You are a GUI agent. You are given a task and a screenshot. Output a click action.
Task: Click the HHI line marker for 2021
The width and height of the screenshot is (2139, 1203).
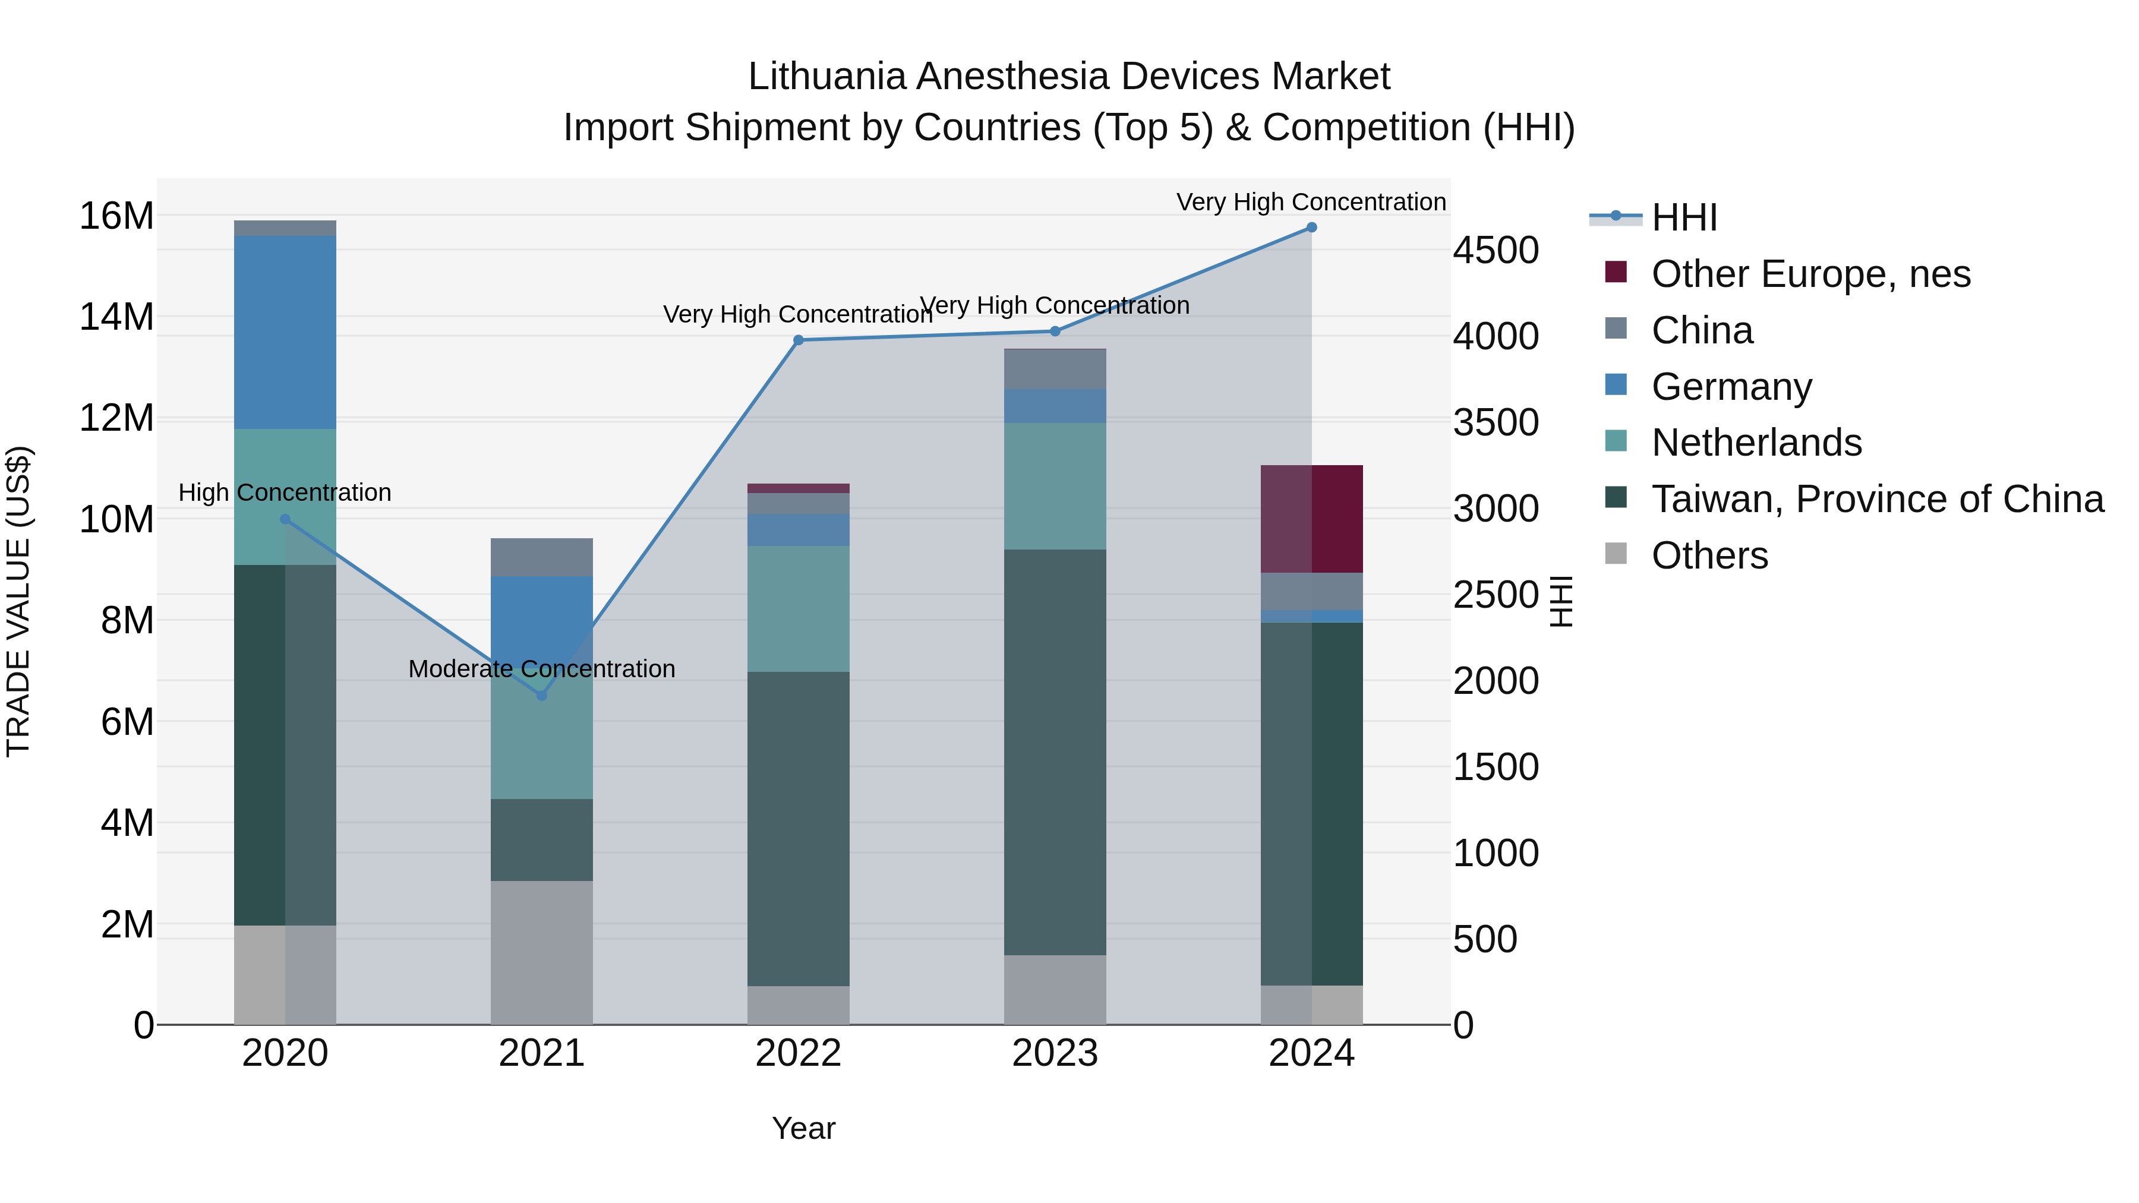click(541, 695)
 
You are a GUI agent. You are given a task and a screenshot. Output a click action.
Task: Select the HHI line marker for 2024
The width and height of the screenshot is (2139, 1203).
click(1311, 228)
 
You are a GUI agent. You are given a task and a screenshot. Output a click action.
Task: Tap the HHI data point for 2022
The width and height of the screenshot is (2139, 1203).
click(798, 340)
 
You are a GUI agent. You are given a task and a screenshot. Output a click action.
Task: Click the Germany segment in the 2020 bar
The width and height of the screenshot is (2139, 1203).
click(285, 332)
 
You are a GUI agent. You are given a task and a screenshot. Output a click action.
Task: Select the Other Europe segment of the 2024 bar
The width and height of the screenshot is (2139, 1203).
click(1311, 519)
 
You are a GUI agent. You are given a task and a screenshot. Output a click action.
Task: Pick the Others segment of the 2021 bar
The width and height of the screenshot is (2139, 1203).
click(541, 952)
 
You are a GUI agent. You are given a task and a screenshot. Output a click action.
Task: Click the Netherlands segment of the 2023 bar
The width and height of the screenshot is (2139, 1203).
click(1055, 486)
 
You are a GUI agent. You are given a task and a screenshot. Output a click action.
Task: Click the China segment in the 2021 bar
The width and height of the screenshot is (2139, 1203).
click(541, 557)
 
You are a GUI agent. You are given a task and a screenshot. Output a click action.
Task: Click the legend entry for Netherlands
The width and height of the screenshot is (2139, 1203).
click(1756, 443)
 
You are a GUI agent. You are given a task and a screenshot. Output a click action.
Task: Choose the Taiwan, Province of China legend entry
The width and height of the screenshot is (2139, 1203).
click(1876, 499)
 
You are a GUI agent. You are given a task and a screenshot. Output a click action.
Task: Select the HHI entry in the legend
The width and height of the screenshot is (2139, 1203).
click(1683, 217)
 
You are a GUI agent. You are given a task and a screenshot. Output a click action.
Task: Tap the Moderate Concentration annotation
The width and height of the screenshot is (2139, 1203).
click(541, 668)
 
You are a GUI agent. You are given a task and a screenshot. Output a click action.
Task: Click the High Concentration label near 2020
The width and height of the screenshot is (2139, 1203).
click(285, 492)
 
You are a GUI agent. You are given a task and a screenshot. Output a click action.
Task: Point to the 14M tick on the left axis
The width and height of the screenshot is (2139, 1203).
click(116, 317)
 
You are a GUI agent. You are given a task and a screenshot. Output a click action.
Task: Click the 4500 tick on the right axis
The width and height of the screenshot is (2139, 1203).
click(1496, 251)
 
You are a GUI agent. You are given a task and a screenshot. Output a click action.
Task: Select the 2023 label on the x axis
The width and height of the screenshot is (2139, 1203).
click(1055, 1053)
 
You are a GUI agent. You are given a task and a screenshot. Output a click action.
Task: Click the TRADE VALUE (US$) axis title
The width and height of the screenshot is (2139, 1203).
click(18, 601)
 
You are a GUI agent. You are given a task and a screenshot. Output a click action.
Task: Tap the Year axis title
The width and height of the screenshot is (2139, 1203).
click(803, 1128)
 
